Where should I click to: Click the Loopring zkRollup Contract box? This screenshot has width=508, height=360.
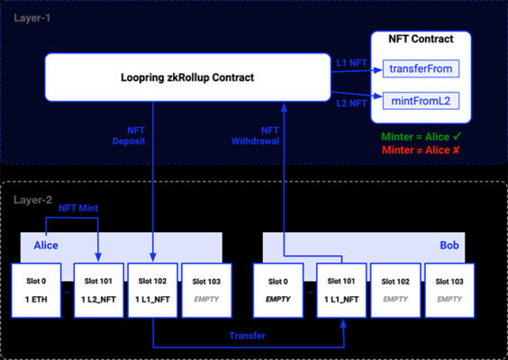pyautogui.click(x=188, y=77)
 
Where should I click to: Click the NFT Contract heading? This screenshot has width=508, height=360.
pyautogui.click(x=420, y=39)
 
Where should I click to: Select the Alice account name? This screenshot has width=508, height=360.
pyautogui.click(x=47, y=244)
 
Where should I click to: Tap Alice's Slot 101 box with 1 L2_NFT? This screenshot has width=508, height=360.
pyautogui.click(x=98, y=291)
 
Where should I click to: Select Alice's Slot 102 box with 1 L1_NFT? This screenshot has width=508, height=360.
pyautogui.click(x=153, y=291)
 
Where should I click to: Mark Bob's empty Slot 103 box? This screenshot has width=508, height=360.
pyautogui.click(x=451, y=291)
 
